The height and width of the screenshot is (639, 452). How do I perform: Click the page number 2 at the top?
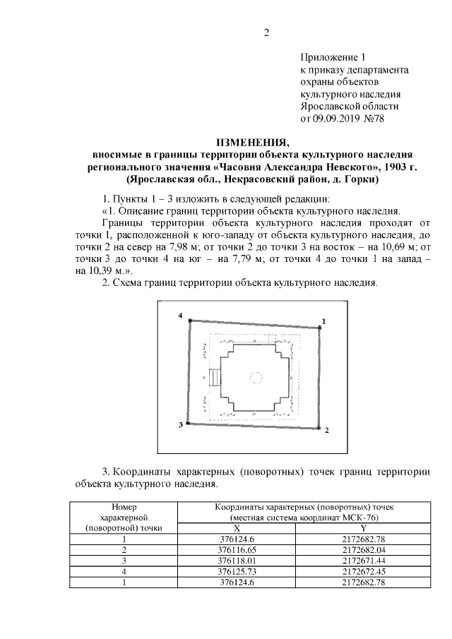point(267,31)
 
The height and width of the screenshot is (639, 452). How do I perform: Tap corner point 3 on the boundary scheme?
point(187,422)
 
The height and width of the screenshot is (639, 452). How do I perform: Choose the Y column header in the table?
point(363,527)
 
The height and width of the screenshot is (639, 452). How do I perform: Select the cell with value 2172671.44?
point(363,560)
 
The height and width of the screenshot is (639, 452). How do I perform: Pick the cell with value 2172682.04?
point(363,549)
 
